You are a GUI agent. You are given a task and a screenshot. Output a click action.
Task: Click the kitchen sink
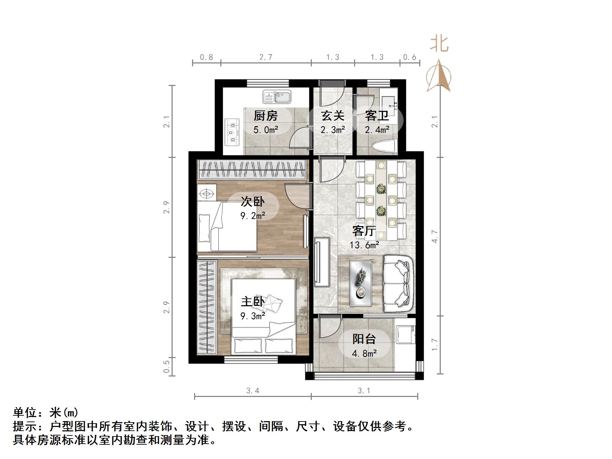(x=277, y=97)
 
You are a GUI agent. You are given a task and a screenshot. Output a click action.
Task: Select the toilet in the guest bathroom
(x=385, y=146)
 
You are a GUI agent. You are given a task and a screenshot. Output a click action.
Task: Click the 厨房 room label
(x=265, y=116)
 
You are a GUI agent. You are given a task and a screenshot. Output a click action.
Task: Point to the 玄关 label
(x=333, y=116)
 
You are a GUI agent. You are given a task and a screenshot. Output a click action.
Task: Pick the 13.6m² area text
(x=364, y=245)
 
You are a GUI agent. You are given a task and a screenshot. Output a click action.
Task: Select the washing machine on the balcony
(x=406, y=335)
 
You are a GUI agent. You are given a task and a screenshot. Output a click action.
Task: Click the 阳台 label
(x=364, y=339)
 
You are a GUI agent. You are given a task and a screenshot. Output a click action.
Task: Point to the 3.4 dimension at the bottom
(x=253, y=391)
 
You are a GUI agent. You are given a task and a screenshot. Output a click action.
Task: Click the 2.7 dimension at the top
(x=266, y=57)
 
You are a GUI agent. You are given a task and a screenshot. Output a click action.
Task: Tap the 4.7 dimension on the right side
(x=435, y=236)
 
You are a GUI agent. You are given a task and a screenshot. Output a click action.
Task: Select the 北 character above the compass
(x=439, y=44)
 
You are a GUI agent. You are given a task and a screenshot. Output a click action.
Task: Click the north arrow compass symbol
(x=439, y=77)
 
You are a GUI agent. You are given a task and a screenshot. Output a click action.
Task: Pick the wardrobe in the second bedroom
(x=252, y=169)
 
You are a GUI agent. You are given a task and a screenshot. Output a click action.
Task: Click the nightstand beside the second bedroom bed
(x=207, y=193)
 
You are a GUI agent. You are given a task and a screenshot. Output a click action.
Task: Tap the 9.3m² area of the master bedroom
(x=253, y=316)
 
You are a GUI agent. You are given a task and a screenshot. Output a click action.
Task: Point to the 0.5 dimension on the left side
(x=166, y=367)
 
